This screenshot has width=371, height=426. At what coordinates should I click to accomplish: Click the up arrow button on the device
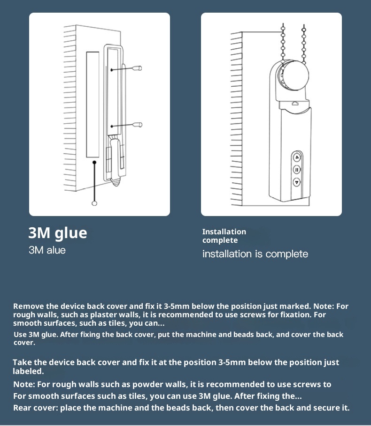pos(297,157)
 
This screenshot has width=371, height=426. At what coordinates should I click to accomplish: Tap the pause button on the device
pos(297,170)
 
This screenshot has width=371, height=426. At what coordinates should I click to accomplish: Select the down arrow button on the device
pos(297,181)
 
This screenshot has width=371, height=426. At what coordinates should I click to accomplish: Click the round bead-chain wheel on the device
pos(294,75)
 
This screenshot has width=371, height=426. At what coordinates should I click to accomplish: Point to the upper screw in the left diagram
pos(138,68)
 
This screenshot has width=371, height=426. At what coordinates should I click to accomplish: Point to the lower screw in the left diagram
pos(138,125)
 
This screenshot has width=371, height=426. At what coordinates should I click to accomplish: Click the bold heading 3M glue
pos(58,233)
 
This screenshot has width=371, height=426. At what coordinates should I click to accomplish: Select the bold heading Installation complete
pos(224,236)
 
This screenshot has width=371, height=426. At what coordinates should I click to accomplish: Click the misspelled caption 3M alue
pos(47,250)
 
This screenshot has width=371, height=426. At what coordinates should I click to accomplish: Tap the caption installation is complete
pos(255,254)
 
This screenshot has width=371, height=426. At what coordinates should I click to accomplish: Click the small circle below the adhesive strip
pos(94,203)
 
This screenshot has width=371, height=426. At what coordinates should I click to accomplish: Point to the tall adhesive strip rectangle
pos(93,105)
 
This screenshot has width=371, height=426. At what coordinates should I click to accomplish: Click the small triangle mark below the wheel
pos(294,101)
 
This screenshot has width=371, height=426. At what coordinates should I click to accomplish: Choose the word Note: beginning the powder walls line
pos(24,384)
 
